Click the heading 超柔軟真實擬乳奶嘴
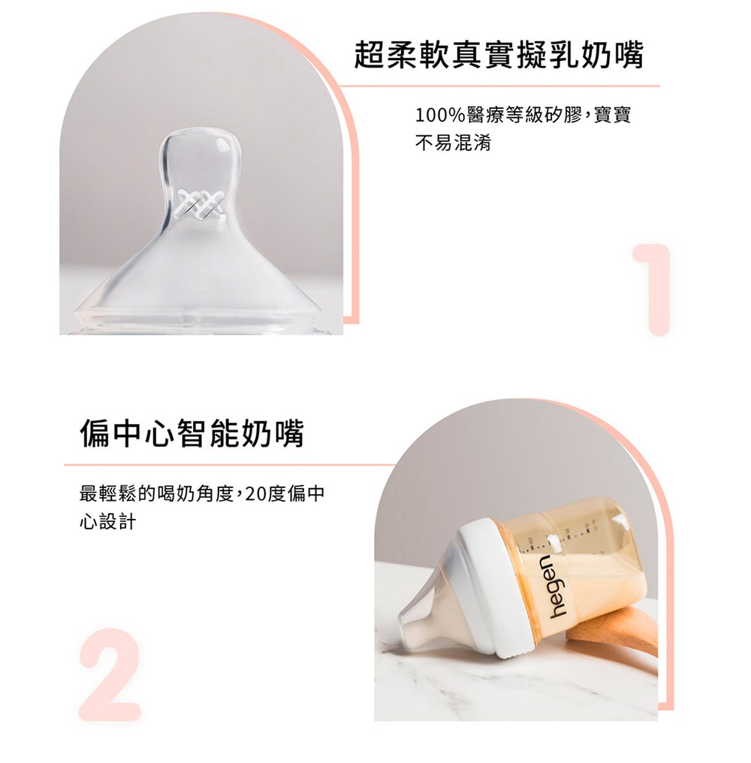[499, 54]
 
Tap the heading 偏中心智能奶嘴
[192, 433]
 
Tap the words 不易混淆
[453, 143]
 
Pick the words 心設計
[107, 522]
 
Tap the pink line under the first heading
[499, 86]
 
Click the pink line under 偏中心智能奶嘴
[229, 465]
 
